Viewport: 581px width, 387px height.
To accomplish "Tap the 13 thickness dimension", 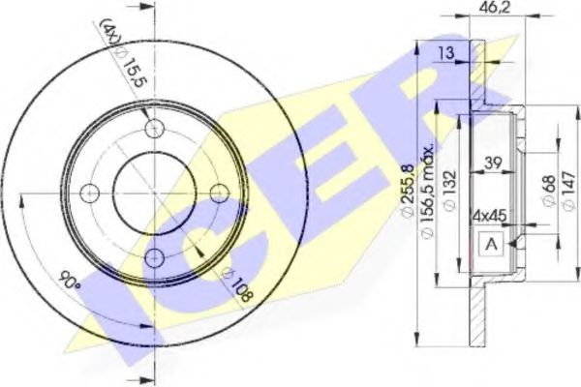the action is [447, 52].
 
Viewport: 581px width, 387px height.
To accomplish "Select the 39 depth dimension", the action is [493, 163].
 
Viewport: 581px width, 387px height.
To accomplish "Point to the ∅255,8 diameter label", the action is [407, 192].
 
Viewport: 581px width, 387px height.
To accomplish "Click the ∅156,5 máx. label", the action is [426, 192].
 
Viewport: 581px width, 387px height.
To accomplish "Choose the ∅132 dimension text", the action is [448, 191].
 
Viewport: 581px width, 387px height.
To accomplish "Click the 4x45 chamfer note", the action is [489, 216].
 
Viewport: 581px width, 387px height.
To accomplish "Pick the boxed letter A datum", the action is [491, 244].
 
